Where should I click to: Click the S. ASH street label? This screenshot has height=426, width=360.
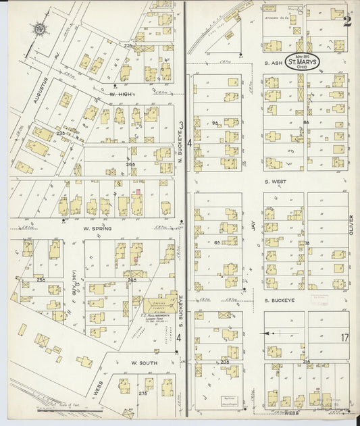click(x=273, y=63)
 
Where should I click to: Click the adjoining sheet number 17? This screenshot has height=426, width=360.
click(x=344, y=337)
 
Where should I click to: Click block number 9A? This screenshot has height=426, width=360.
click(x=215, y=123)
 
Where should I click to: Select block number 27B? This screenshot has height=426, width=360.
click(x=142, y=392)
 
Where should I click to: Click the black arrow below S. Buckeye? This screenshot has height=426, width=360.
click(x=269, y=333)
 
